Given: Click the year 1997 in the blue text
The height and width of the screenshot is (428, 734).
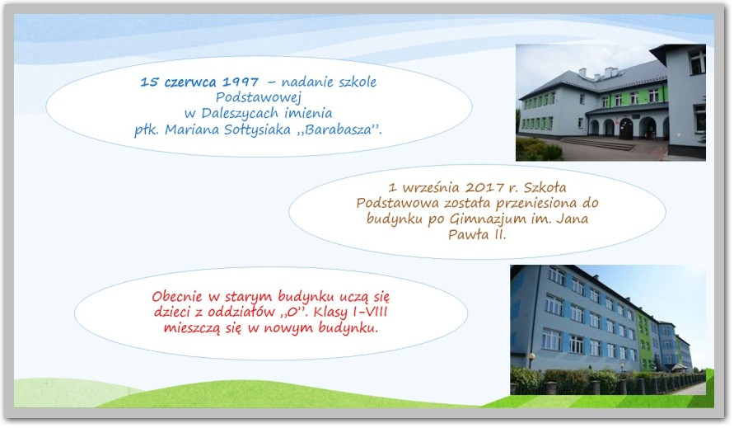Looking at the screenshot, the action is coord(241,82).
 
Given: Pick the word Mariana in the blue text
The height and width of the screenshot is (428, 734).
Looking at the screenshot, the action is coord(191,129).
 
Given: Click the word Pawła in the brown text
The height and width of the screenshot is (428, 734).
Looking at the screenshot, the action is coord(461,234).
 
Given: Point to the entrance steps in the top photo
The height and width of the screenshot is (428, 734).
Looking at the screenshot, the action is coord(596,144).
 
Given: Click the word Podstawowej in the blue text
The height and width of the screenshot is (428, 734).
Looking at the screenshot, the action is coord(259,98).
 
